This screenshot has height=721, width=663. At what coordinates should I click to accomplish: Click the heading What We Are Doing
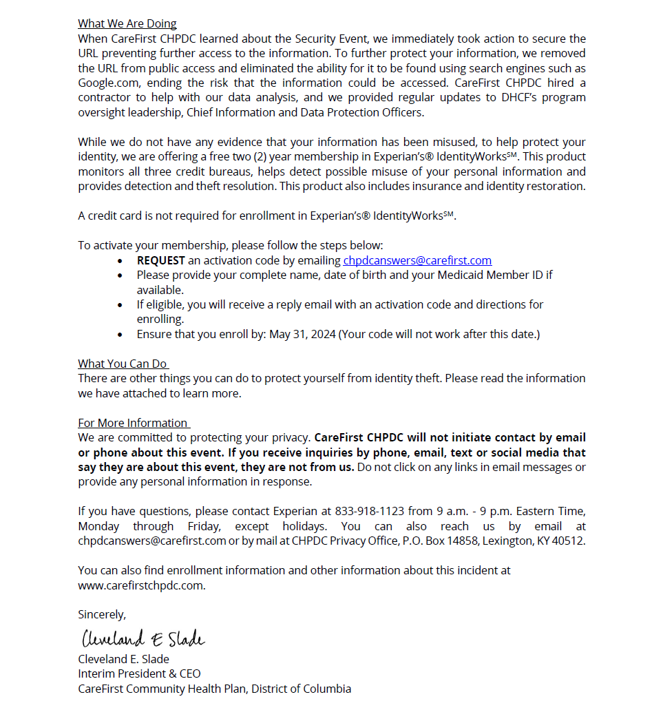(127, 24)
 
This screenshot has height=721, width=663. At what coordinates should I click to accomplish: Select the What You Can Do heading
(123, 364)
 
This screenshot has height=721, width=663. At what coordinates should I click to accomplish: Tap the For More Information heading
(133, 423)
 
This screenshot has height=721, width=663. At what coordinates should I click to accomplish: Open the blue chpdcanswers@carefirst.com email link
(417, 260)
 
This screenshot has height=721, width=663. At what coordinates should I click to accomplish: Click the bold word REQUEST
(160, 260)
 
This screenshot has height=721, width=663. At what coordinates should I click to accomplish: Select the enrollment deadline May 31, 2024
(302, 334)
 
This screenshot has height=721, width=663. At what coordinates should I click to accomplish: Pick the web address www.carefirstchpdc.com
(141, 585)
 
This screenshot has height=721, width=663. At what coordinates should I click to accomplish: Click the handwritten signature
(143, 638)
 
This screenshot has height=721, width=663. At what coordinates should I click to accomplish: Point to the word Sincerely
(102, 614)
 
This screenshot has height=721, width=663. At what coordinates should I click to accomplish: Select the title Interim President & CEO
(139, 673)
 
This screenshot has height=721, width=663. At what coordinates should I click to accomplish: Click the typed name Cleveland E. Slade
(123, 659)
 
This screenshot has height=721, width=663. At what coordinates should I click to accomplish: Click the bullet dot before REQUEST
(121, 261)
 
